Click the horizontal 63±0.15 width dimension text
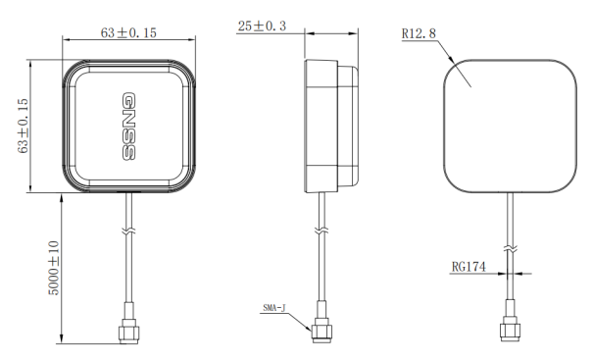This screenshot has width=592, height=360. (x=128, y=33)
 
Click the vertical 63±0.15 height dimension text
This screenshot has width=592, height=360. (x=23, y=126)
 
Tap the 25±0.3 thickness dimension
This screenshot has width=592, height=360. (x=262, y=26)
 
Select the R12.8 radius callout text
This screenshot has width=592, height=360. (x=419, y=33)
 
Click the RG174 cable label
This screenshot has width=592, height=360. (x=469, y=267)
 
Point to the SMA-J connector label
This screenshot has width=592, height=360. (x=274, y=308)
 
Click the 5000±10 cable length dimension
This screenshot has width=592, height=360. (x=54, y=268)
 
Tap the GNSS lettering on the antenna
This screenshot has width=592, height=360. (x=128, y=127)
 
